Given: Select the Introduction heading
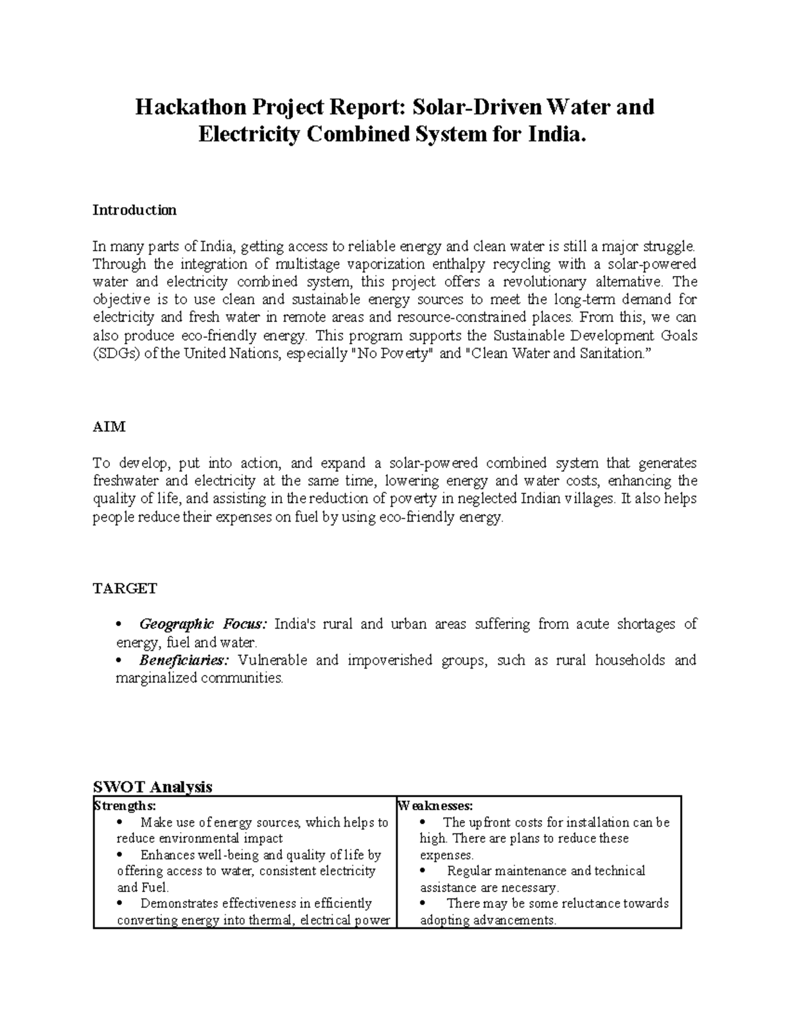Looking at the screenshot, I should click(x=134, y=210).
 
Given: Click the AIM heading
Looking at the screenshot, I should click(x=109, y=427).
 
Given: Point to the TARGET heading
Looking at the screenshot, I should click(x=124, y=588).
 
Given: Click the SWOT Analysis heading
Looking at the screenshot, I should click(x=153, y=787).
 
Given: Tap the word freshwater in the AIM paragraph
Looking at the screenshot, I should click(x=125, y=481).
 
